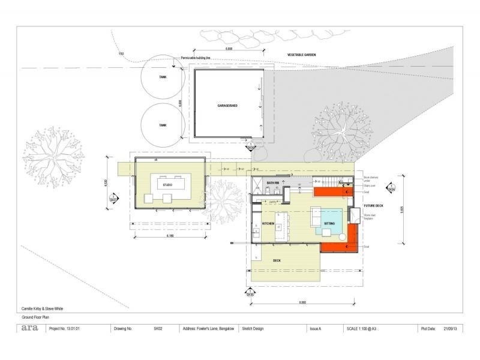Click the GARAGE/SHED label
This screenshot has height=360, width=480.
pyautogui.click(x=227, y=106)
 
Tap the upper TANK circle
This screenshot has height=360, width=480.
pyautogui.click(x=162, y=77)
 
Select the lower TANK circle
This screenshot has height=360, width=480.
pyautogui.click(x=162, y=125)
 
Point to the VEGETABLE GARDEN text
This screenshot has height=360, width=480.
pyautogui.click(x=301, y=55)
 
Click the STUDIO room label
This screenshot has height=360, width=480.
pyautogui.click(x=167, y=185)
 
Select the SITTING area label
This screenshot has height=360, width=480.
pyautogui.click(x=330, y=223)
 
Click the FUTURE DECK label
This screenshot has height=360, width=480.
pyautogui.click(x=373, y=206)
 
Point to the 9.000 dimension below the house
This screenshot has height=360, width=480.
pyautogui.click(x=302, y=302)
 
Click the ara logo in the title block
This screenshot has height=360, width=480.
pyautogui.click(x=29, y=328)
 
